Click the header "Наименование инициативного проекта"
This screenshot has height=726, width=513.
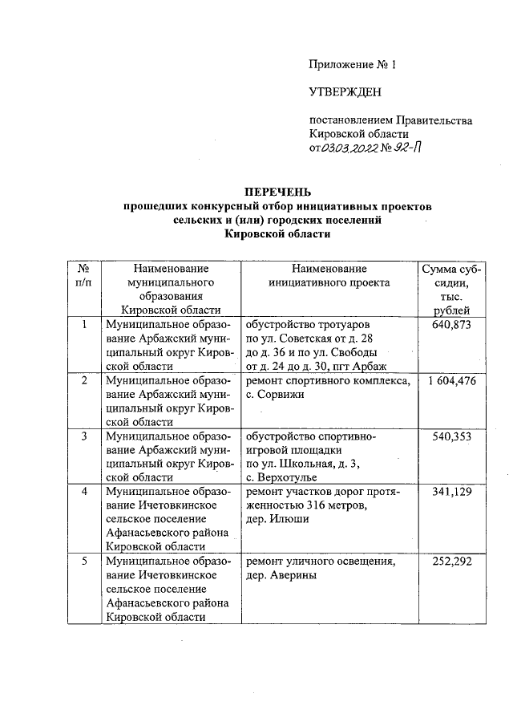[329, 275]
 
